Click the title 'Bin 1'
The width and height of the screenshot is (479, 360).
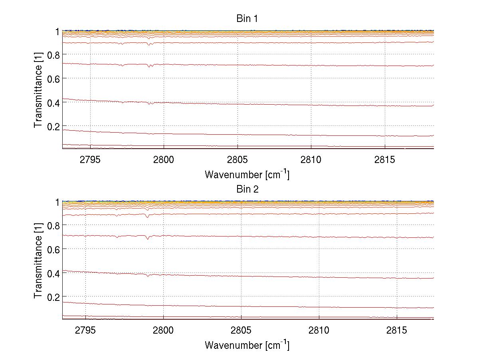tap(247, 18)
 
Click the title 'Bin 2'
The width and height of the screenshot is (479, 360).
tap(247, 189)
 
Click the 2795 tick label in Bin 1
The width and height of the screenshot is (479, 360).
tap(90, 160)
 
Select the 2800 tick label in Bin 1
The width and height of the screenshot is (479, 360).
tap(164, 160)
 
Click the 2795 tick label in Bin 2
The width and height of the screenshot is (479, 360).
tap(86, 331)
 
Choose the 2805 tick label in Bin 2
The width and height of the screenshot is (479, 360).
tap(241, 331)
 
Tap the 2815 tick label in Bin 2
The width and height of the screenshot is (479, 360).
tap(397, 331)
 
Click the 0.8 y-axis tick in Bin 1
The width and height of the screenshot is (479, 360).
tap(53, 54)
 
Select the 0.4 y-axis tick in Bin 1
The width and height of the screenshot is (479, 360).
tap(53, 102)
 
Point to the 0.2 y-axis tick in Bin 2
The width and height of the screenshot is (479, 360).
tap(53, 297)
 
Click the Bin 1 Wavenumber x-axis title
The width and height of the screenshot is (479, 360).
tap(247, 174)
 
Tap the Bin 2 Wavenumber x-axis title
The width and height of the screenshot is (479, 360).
tap(247, 345)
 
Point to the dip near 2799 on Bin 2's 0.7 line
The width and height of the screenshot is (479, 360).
tap(148, 239)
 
